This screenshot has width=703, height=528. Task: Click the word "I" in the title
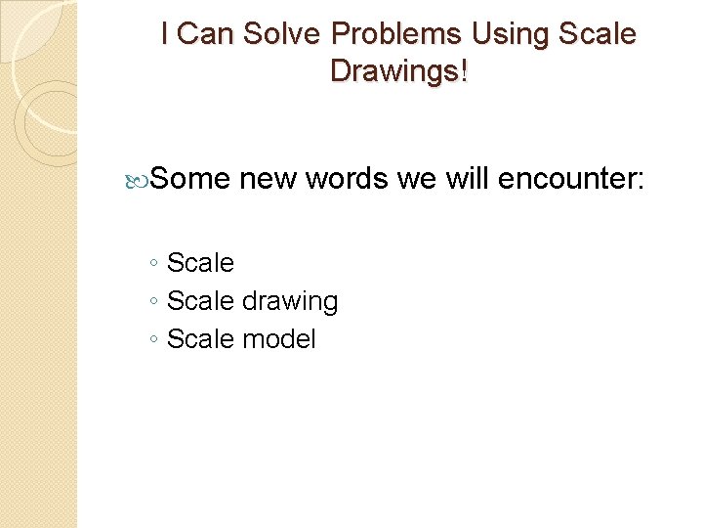[x=165, y=35]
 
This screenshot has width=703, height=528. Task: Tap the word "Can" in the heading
[x=202, y=35]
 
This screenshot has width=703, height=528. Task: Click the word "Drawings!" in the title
[x=398, y=71]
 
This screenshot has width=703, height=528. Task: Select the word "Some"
[x=190, y=179]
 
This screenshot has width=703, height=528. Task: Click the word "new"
[x=268, y=179]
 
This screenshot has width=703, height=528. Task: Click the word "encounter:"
[x=571, y=179]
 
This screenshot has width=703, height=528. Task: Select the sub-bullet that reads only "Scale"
[x=200, y=263]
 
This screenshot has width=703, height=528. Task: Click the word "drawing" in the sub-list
[x=290, y=302]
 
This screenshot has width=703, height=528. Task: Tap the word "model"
[x=279, y=339]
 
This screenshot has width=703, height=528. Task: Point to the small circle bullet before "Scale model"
[x=154, y=340]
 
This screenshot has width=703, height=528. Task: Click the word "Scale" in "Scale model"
[x=200, y=339]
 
